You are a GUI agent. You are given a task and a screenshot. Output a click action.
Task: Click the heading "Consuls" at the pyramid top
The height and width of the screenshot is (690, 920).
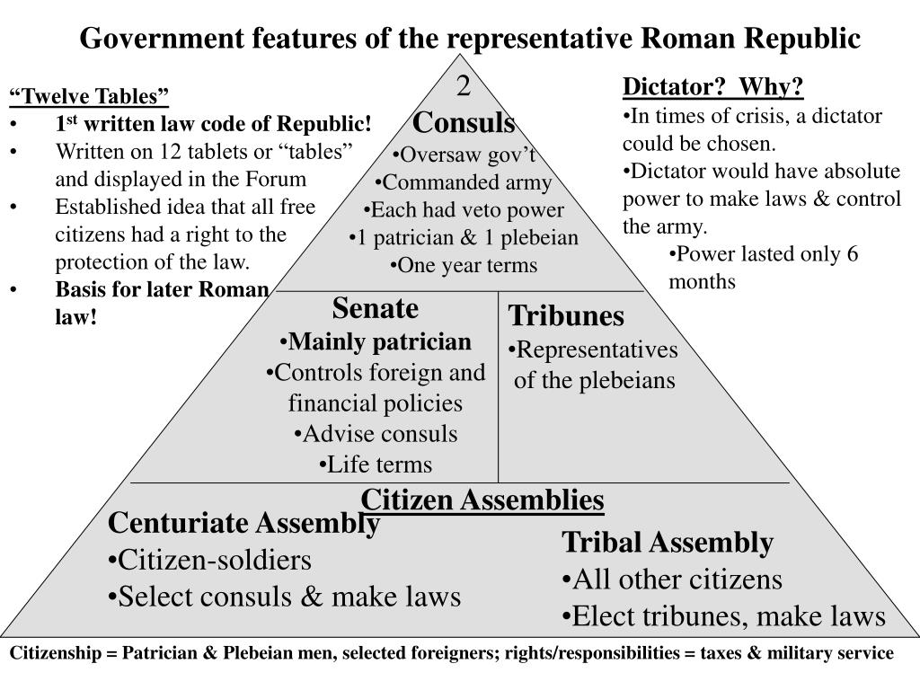tap(464, 123)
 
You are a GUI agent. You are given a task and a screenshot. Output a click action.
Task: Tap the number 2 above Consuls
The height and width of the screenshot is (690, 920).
tap(464, 88)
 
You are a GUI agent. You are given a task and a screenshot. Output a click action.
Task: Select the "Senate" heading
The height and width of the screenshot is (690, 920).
tap(376, 309)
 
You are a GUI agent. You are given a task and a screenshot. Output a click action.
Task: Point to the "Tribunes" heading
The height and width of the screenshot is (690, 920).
tap(566, 316)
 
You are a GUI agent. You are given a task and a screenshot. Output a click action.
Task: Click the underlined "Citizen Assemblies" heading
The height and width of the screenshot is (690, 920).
tap(482, 500)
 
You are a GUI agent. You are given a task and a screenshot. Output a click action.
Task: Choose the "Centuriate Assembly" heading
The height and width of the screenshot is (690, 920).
tap(243, 523)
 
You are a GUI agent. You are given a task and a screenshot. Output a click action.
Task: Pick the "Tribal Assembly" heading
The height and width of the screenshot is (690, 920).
tap(668, 543)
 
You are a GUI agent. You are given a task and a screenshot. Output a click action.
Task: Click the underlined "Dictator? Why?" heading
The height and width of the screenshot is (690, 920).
tap(714, 88)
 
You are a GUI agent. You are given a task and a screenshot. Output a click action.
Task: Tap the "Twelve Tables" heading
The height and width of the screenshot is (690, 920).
tap(89, 97)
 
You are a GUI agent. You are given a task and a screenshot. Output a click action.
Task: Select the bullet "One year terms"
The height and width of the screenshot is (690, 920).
tap(464, 266)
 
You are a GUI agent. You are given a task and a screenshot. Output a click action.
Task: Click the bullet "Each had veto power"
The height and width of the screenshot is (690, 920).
tap(464, 210)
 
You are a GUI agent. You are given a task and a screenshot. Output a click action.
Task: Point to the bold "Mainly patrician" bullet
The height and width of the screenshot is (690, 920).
tap(375, 342)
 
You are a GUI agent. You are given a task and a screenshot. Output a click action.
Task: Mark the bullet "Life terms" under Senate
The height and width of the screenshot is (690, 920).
tap(375, 464)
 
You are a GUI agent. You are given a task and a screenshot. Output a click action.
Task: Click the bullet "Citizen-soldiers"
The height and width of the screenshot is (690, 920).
tap(209, 561)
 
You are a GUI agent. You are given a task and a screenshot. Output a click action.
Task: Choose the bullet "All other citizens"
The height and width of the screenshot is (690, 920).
tap(672, 579)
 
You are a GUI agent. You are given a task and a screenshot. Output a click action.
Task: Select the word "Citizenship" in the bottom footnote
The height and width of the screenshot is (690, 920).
tap(53, 654)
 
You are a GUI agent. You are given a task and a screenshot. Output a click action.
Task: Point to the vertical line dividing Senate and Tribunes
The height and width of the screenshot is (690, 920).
tap(499, 386)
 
